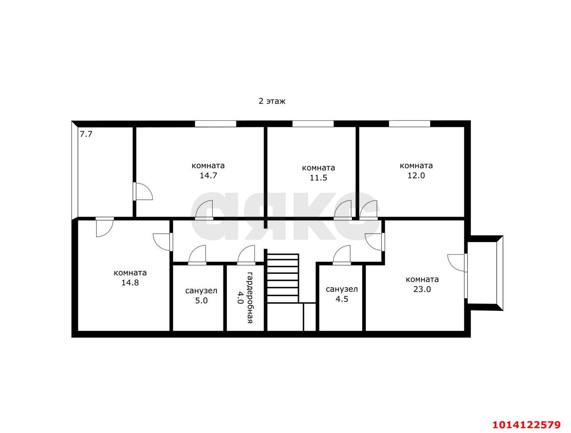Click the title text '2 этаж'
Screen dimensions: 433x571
pos(272,101)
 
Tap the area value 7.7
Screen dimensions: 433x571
pos(86,133)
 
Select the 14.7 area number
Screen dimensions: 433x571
pos(208,175)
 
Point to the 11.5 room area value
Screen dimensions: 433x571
pos(319,178)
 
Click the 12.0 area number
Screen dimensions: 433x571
pos(416,175)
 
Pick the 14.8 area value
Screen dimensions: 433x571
pos(130,282)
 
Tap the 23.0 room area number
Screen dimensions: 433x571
pos(422,289)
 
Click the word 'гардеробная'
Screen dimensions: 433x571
pos(250,297)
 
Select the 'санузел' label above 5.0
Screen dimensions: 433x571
pos(201,291)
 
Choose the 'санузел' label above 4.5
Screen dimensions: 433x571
pos(342,289)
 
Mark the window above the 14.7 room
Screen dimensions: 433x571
pos(215,124)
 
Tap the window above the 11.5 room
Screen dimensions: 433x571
pos(313,124)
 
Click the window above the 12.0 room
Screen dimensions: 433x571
pos(410,124)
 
